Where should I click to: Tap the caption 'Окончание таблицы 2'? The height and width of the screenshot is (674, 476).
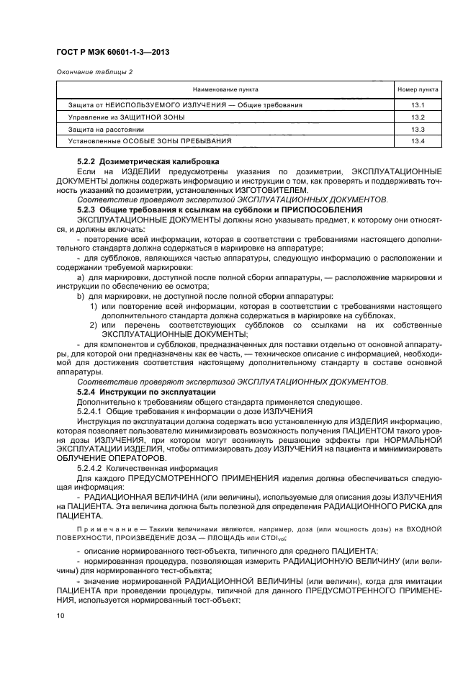click(x=89, y=72)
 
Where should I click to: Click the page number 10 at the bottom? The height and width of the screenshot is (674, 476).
click(x=60, y=616)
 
